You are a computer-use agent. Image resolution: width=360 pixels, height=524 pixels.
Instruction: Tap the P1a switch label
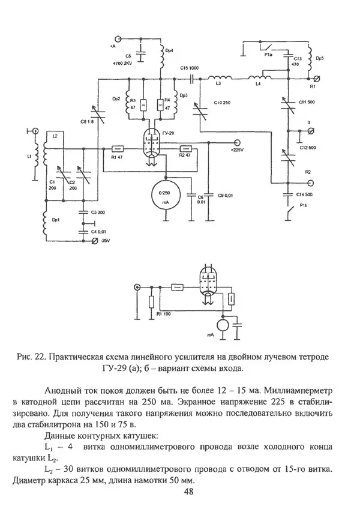click(268, 54)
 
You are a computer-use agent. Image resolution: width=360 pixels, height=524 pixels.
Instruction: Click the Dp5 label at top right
click(320, 58)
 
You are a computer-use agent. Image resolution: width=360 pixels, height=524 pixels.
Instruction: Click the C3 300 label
click(97, 213)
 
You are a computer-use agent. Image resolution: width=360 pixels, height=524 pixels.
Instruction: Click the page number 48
click(188, 492)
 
